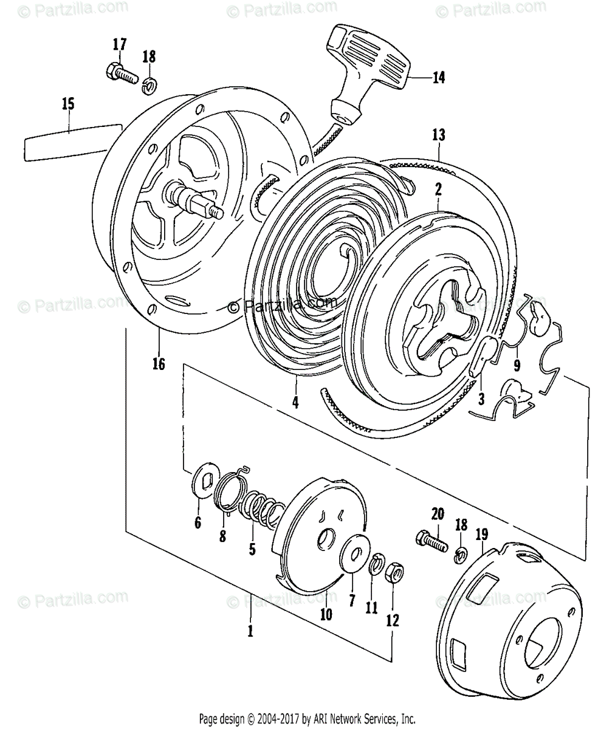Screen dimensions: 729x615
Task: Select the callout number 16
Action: pyautogui.click(x=159, y=363)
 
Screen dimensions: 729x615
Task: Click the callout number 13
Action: pyautogui.click(x=439, y=135)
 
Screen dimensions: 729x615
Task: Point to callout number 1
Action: pyautogui.click(x=250, y=631)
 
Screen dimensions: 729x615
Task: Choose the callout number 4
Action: pyautogui.click(x=295, y=402)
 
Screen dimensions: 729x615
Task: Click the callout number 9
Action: pyautogui.click(x=517, y=366)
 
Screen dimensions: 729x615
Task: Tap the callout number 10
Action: pyautogui.click(x=326, y=614)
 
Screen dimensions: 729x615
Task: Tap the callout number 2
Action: pyautogui.click(x=438, y=190)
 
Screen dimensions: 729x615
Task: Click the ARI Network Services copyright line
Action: pyautogui.click(x=307, y=717)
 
